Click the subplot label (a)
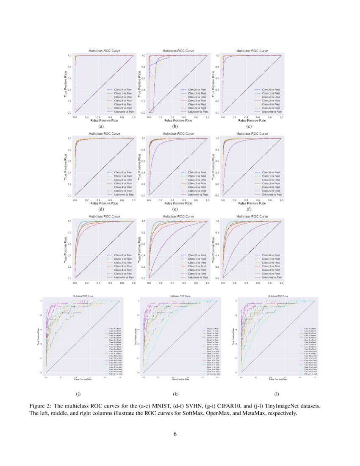(101, 126)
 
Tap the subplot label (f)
(249, 209)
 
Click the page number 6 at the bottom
(175, 434)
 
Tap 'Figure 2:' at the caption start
(41, 406)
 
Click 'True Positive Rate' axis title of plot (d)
(66, 167)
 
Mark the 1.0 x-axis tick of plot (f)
(281, 199)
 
